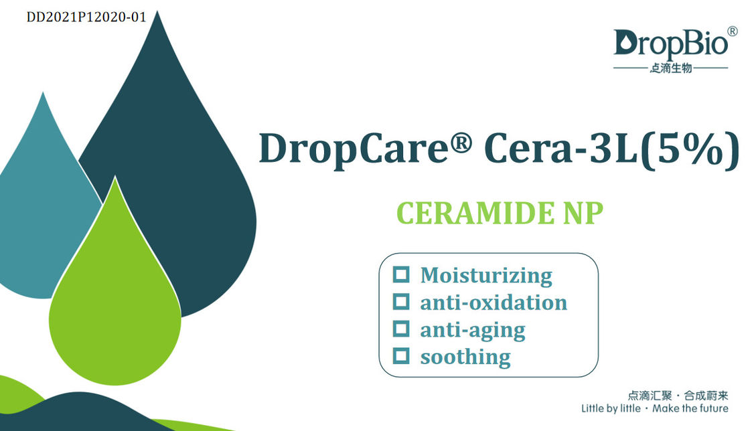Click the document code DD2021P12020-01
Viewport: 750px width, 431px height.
pos(86,17)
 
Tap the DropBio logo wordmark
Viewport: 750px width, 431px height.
pos(670,44)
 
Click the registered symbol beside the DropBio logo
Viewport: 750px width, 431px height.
pos(733,31)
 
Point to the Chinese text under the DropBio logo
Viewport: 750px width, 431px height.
pos(670,68)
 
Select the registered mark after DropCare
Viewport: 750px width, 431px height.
pos(461,142)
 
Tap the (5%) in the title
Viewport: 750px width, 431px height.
pos(690,149)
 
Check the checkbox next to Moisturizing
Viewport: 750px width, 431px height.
pos(401,274)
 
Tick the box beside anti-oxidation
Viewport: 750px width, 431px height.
pos(401,302)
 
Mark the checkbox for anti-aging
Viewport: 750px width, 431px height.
pos(401,329)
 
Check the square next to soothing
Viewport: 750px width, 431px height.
pos(401,356)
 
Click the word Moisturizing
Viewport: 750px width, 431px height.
pos(486,276)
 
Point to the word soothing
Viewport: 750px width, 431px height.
pos(465,357)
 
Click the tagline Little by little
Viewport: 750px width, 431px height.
pos(611,408)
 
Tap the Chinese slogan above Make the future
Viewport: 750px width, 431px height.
pos(678,396)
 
